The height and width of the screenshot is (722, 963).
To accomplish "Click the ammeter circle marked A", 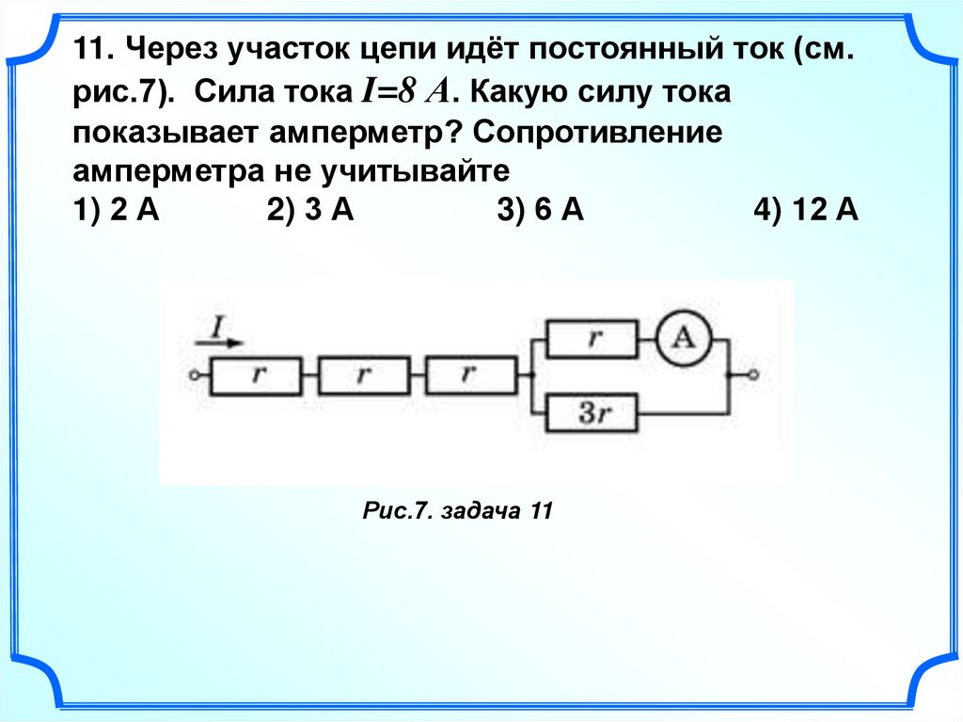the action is pyautogui.click(x=684, y=339).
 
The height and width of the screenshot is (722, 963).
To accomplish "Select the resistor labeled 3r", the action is pyautogui.click(x=592, y=413).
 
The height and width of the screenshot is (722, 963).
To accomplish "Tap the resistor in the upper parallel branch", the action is pyautogui.click(x=592, y=339).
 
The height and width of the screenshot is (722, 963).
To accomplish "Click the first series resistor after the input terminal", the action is pyautogui.click(x=256, y=376).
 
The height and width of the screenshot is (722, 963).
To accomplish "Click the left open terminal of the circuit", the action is pyautogui.click(x=192, y=376).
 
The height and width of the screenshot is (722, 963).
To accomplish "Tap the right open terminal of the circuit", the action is pyautogui.click(x=751, y=376).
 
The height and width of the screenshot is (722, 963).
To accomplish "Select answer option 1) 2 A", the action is pyautogui.click(x=114, y=211).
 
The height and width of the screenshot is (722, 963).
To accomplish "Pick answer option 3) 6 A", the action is pyautogui.click(x=541, y=211).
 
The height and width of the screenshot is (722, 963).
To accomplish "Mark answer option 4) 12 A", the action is pyautogui.click(x=805, y=211).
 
